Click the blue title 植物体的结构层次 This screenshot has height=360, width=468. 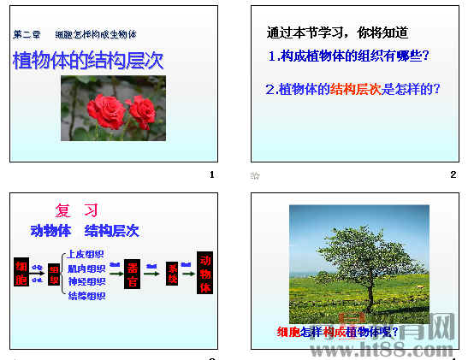click(87, 62)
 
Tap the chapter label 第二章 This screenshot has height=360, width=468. click(27, 34)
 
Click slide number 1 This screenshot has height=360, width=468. click(211, 174)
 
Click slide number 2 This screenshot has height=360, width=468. click(453, 174)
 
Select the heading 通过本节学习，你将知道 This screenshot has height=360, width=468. click(337, 33)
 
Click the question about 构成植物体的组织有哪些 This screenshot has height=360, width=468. click(348, 56)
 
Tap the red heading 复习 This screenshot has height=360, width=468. click(77, 210)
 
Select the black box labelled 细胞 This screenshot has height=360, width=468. click(21, 274)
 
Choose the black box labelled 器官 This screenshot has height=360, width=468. click(133, 273)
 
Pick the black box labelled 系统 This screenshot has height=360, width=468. click(173, 273)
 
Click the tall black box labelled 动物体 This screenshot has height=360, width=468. click(205, 274)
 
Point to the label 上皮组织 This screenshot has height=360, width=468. click(86, 254)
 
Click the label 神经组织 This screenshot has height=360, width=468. click(86, 282)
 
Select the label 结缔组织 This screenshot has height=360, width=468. click(86, 297)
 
